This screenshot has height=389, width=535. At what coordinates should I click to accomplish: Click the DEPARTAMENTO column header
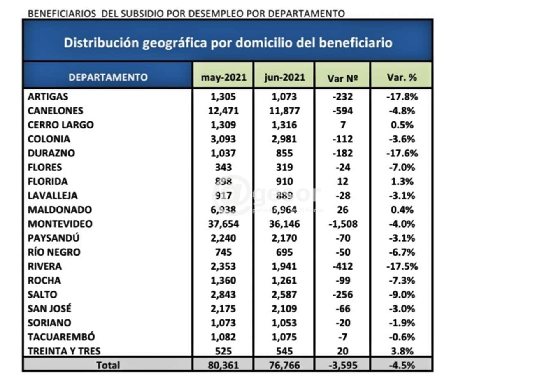[108, 77]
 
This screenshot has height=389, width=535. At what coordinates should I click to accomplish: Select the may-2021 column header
[223, 77]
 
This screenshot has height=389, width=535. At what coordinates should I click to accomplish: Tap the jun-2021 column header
[284, 77]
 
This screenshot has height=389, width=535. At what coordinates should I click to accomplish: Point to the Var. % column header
[402, 77]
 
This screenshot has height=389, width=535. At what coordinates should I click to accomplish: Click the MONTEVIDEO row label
[60, 224]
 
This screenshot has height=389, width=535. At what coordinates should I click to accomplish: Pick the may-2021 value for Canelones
[223, 111]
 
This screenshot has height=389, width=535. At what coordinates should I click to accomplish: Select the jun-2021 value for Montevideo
[284, 224]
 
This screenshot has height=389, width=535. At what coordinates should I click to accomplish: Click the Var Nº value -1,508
[343, 224]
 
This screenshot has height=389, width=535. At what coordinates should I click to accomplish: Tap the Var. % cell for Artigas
[402, 97]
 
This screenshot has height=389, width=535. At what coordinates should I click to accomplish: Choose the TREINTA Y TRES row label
[64, 351]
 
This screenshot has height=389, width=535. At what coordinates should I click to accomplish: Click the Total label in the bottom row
[108, 365]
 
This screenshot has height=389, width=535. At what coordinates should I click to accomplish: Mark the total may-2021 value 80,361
[223, 365]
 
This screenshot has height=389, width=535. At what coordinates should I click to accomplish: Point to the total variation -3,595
[343, 365]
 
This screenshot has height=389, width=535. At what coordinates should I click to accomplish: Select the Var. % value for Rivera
[402, 266]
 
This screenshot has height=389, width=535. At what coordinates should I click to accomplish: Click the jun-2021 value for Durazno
[284, 153]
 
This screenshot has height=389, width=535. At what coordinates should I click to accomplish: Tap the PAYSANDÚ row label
[53, 238]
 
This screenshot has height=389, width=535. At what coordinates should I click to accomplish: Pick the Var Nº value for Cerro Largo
[343, 125]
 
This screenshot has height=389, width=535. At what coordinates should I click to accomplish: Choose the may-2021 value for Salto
[223, 295]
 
